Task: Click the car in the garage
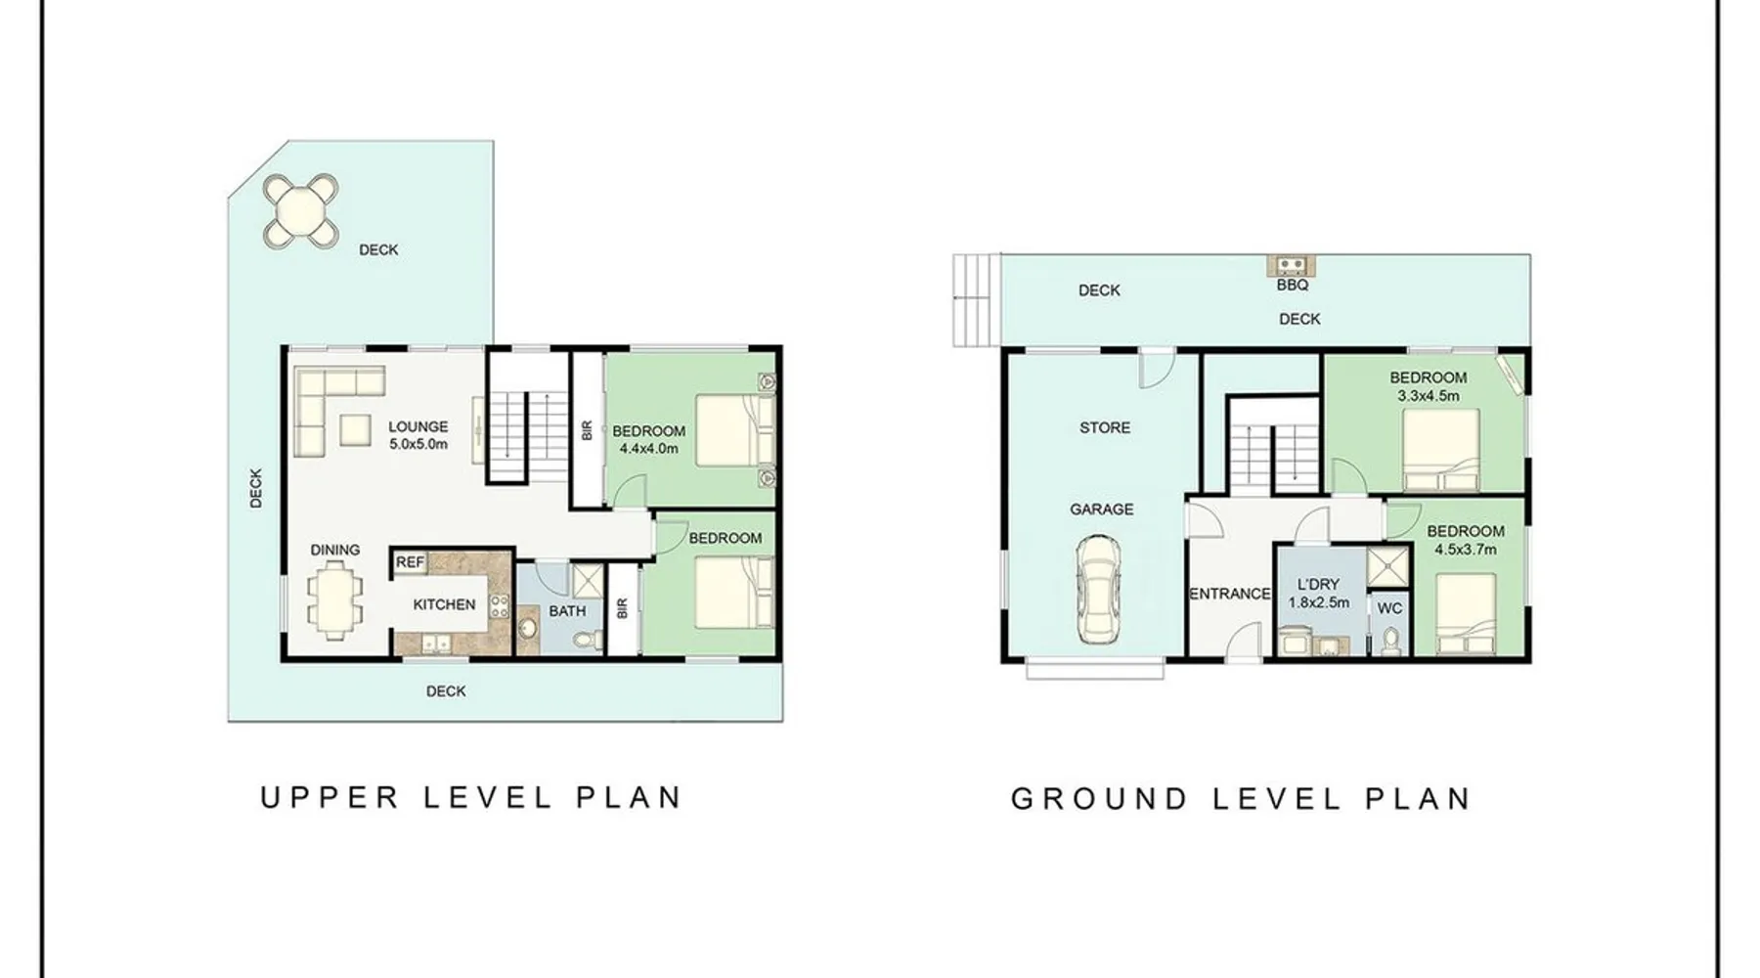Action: pos(1100,589)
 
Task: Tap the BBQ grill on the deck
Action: pos(1292,264)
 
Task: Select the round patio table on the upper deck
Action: pos(302,208)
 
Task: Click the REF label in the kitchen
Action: pos(410,562)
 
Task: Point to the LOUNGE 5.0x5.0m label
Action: pos(418,435)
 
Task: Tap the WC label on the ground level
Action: pos(1389,608)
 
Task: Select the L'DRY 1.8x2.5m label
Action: pos(1318,594)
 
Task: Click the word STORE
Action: pos(1105,427)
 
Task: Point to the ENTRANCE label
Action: pos(1230,594)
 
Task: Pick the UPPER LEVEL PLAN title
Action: pos(470,797)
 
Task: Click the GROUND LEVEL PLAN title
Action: pos(1241,799)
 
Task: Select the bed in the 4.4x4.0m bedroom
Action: pos(734,431)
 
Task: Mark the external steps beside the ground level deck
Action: pos(977,300)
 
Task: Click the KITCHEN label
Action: pos(444,604)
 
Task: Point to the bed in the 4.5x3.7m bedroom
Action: pos(1466,614)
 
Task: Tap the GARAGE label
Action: pos(1102,510)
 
